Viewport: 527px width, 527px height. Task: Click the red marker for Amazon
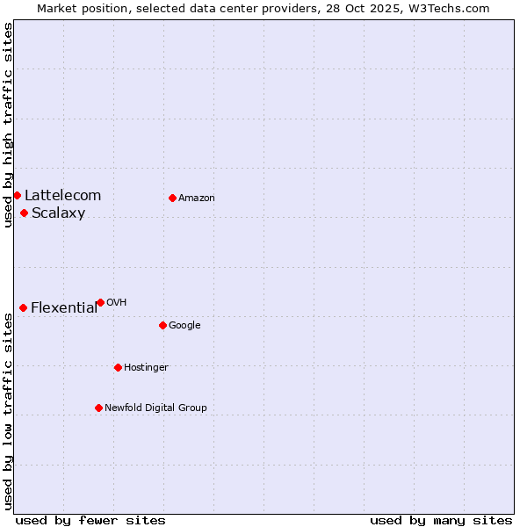172,198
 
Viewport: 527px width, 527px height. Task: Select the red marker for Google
162,325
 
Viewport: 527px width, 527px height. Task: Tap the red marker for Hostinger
118,367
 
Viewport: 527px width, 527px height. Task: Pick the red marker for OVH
100,302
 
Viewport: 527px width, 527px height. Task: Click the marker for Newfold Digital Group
98,408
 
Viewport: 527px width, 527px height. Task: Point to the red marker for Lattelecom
17,195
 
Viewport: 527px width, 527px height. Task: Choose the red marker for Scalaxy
24,213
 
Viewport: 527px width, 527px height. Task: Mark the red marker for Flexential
23,307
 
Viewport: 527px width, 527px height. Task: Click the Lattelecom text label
62,196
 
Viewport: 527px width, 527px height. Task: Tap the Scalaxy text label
58,213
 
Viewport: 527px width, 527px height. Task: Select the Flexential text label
64,308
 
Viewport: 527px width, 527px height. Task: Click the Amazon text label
197,199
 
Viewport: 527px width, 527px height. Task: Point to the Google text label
184,326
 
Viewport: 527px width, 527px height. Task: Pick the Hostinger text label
146,368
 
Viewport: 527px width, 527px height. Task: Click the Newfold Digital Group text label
155,408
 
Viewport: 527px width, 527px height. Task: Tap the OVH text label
116,303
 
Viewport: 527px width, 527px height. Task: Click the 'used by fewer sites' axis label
90,520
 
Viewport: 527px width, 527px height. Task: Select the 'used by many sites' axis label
441,520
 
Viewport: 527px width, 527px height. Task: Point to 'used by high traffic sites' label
8,125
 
